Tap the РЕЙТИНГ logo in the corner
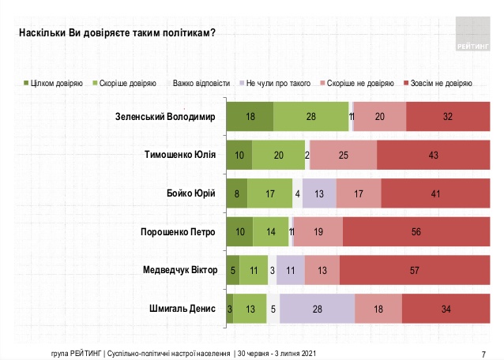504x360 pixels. coord(472,35)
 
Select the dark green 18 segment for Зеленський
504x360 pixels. coord(250,117)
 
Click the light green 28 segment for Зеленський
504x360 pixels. coord(311,117)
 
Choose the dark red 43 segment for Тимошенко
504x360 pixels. coord(433,155)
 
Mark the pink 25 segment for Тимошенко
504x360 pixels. coord(343,155)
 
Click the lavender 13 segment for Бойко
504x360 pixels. coord(319,193)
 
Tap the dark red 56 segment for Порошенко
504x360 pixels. coord(416,231)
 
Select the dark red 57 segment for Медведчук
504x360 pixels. coord(415,270)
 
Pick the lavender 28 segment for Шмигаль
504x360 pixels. coord(317,308)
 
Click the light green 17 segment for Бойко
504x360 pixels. coord(269,193)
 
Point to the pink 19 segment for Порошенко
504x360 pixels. coord(318,231)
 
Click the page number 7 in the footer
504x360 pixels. coord(483,352)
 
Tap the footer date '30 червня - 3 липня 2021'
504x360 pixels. coord(278,352)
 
